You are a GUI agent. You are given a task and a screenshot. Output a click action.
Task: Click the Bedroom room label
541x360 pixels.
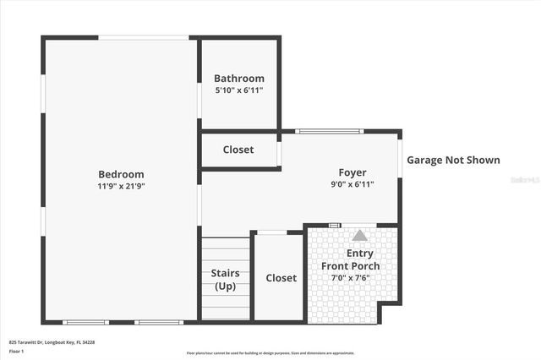point(121,174)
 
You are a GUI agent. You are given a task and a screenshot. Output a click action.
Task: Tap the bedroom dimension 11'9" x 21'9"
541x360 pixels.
point(121,186)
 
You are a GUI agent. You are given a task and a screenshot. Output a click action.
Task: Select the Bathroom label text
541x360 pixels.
point(239,79)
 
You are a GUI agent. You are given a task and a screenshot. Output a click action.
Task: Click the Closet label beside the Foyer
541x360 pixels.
point(238,150)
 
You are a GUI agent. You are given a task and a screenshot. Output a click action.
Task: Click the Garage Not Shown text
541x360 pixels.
point(453,160)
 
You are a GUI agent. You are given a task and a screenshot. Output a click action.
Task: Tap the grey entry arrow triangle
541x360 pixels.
point(360,236)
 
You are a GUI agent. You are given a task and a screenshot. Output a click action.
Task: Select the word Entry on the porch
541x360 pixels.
point(360,254)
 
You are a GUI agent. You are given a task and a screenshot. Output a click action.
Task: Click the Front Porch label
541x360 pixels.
point(350,266)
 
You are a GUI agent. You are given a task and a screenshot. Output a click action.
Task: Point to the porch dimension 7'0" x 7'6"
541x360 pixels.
point(350,278)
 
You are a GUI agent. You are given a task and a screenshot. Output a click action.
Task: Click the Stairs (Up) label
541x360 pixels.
point(225,280)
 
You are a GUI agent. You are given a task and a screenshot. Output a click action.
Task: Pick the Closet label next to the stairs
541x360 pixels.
point(281,278)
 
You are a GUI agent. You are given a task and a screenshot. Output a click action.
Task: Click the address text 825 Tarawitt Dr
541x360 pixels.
point(52,342)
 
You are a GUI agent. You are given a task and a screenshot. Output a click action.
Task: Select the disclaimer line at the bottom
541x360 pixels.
point(270,352)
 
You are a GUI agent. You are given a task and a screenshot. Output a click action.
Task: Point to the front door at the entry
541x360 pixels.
point(335,225)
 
